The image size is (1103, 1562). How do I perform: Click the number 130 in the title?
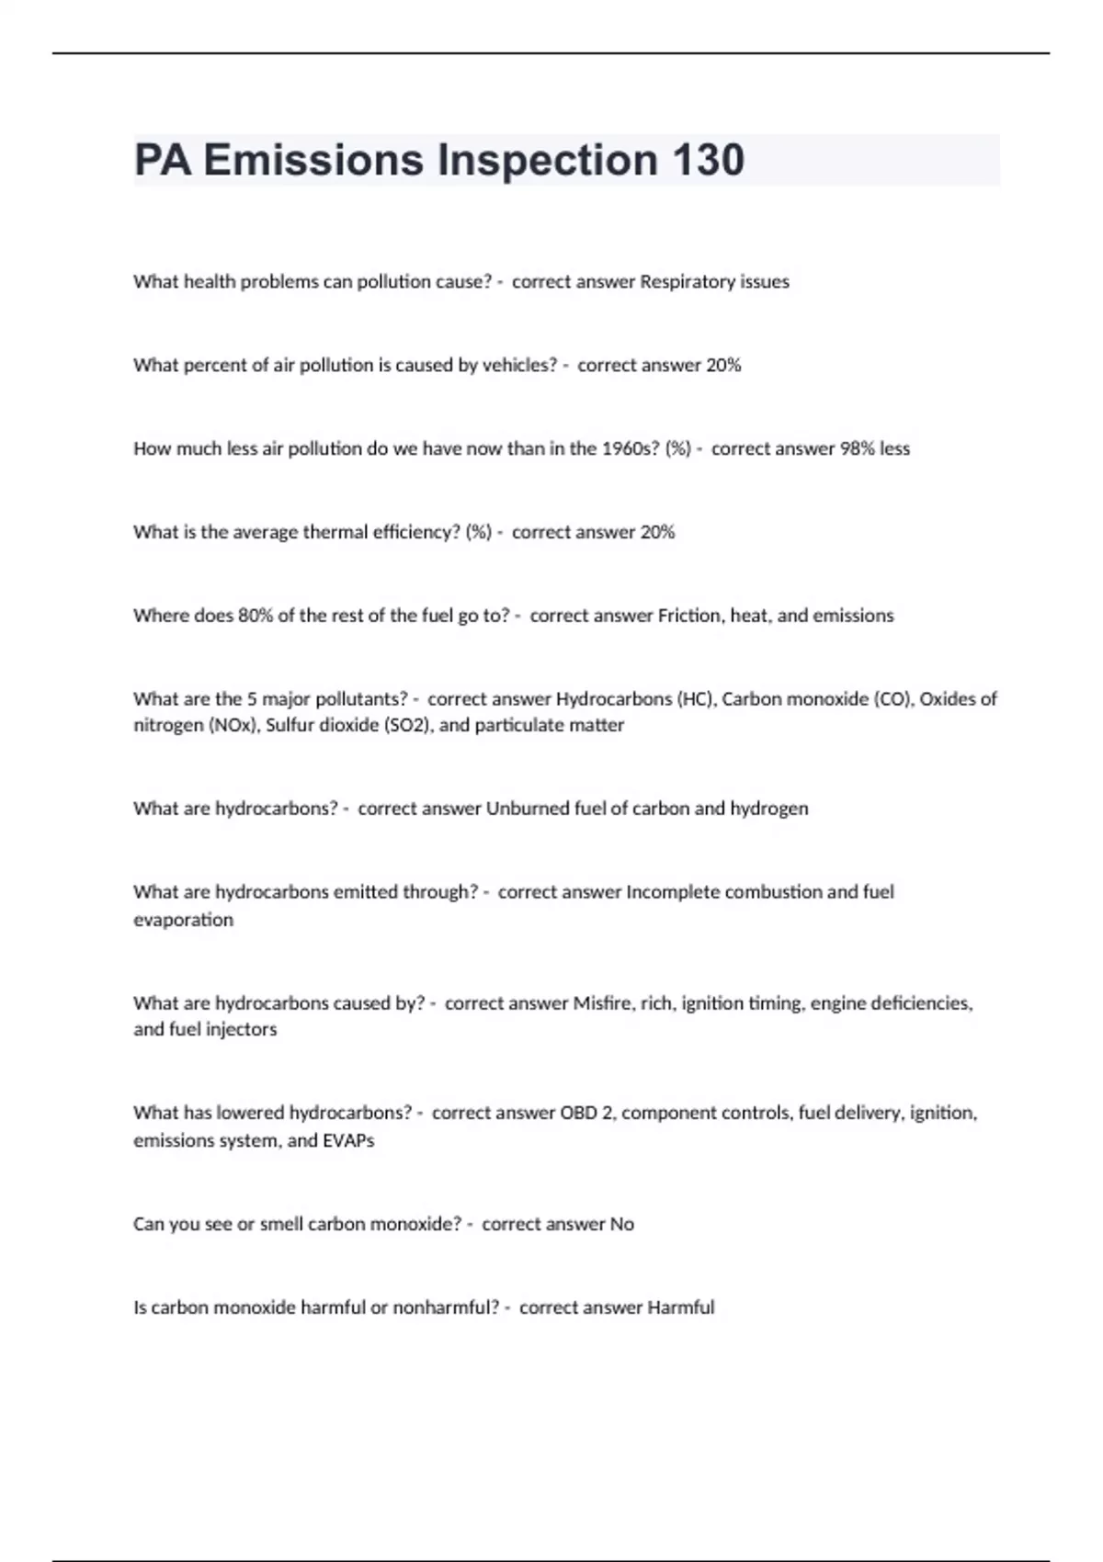[x=708, y=160]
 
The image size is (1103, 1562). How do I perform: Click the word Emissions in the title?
[x=315, y=160]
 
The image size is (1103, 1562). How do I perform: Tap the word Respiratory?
[x=686, y=282]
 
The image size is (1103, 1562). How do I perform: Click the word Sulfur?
[x=290, y=726]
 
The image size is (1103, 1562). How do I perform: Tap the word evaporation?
[x=183, y=920]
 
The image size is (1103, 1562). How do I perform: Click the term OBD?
[x=578, y=1114]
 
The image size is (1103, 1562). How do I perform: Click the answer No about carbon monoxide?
[x=622, y=1225]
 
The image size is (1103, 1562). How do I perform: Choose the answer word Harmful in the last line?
[x=680, y=1307]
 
